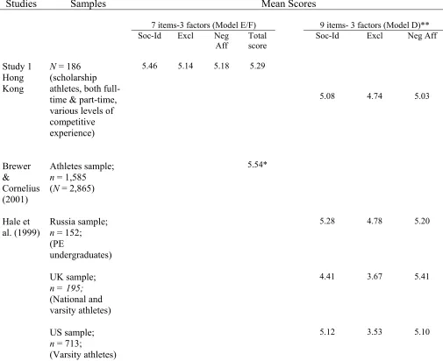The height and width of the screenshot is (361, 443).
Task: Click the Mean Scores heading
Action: (x=289, y=4)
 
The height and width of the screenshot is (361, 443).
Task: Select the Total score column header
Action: (x=257, y=40)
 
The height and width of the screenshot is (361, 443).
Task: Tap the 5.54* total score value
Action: (x=257, y=165)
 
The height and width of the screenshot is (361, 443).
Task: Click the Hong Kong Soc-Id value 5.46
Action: (x=149, y=66)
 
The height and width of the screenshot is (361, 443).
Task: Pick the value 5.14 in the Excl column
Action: (x=185, y=66)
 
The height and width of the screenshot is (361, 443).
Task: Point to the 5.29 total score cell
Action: (x=257, y=66)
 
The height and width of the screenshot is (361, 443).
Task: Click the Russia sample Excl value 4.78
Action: (x=375, y=221)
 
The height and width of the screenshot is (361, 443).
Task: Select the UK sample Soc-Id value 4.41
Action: (x=327, y=276)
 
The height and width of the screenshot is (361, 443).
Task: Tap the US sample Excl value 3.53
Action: (x=375, y=332)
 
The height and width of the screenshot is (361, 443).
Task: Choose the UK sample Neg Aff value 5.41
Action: (x=422, y=276)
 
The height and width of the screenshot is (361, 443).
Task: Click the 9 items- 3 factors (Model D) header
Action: (x=375, y=25)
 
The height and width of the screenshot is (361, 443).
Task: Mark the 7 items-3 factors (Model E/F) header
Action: (x=204, y=25)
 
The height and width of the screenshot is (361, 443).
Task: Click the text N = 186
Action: (x=65, y=67)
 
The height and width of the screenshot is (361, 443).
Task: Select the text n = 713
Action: (x=66, y=343)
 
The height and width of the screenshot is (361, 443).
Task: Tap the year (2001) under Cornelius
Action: (x=15, y=200)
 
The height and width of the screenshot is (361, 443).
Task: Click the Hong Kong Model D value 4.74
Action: (x=375, y=96)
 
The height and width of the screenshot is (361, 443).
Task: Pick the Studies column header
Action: (x=21, y=4)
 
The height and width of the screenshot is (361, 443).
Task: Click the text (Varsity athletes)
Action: (x=82, y=355)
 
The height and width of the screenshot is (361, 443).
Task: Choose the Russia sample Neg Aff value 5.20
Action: (x=422, y=221)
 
